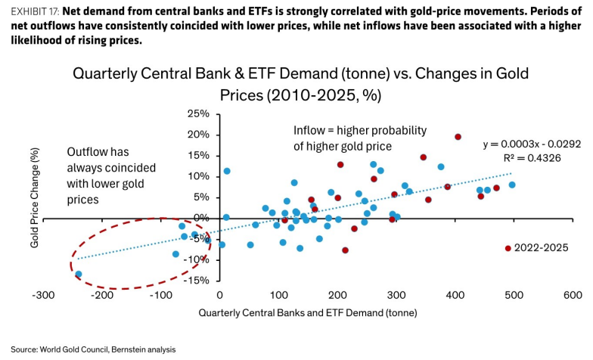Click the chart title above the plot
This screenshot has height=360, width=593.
[x=301, y=84]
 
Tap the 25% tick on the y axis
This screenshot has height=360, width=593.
[x=198, y=113]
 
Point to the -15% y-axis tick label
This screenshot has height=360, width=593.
[x=197, y=280]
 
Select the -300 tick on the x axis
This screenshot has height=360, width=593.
[x=43, y=295]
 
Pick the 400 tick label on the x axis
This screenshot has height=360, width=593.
[x=455, y=295]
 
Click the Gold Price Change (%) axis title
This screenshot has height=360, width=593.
[x=35, y=198]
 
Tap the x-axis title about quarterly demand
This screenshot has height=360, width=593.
[x=308, y=313]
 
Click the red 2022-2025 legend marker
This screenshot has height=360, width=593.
[x=508, y=248]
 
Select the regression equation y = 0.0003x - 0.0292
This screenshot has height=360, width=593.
[x=532, y=144]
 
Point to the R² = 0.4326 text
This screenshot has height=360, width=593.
[x=532, y=157]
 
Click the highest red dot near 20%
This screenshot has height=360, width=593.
[x=458, y=137]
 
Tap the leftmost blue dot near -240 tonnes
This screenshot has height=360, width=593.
[x=79, y=274]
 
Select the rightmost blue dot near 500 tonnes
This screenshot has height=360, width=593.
[x=512, y=185]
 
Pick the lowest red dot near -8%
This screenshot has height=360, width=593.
[x=345, y=250]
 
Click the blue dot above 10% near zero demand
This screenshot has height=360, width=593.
[x=227, y=171]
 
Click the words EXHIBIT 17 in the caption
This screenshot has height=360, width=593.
[x=35, y=11]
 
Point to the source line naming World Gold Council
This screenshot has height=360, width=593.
[x=93, y=349]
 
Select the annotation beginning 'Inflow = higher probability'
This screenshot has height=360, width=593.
[x=360, y=138]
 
